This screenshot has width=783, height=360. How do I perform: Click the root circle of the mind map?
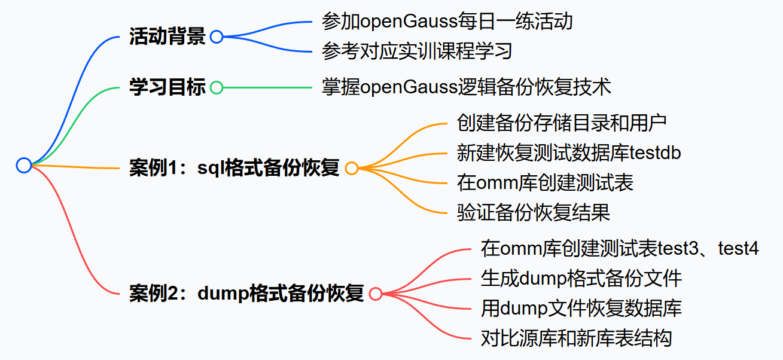23,166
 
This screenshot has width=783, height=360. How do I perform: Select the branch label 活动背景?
167,36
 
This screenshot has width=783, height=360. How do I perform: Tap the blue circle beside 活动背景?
217,36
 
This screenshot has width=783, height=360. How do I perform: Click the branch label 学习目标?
167,87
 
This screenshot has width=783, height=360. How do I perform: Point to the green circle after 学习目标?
217,88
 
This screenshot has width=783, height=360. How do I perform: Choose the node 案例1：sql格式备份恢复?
234,168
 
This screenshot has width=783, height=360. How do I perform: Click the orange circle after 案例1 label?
352,169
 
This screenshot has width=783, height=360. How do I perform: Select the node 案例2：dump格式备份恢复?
246,294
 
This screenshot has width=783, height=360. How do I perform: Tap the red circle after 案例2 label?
376,294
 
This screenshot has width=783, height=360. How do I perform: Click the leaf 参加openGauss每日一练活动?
447,22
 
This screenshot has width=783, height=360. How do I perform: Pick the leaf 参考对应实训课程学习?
417,51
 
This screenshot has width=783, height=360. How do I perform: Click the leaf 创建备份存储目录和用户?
562,123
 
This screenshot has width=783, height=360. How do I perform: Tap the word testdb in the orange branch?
655,153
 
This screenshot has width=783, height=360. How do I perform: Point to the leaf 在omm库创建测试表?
545,183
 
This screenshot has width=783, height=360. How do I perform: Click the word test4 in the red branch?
739,248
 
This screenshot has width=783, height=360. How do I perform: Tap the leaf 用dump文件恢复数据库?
581,309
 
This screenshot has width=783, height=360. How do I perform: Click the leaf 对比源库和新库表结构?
576,338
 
